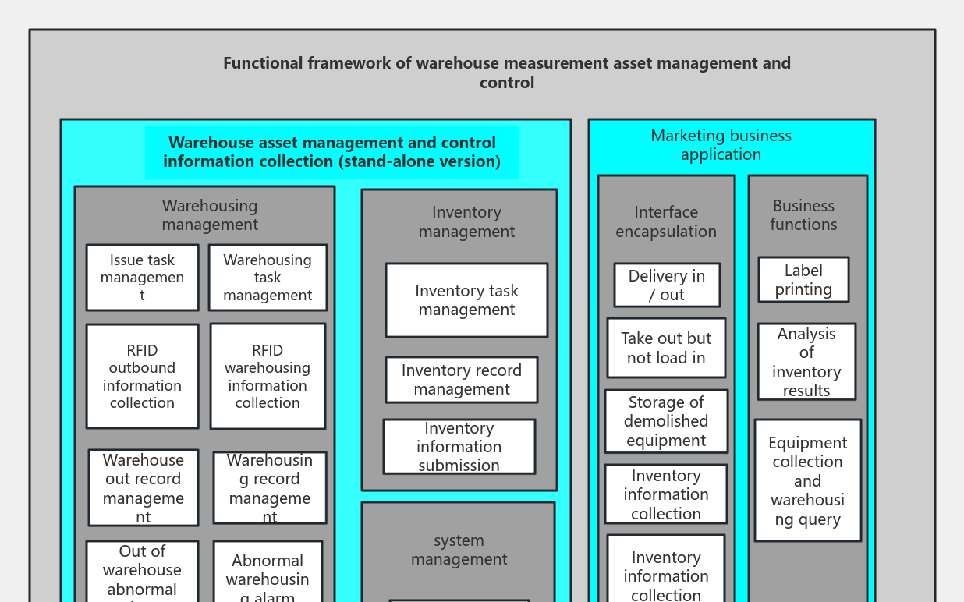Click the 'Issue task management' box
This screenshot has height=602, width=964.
coord(142,278)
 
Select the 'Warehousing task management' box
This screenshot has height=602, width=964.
coord(268,278)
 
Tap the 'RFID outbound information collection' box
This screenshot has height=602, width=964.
coord(142,377)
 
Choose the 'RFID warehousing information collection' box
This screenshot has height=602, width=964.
coord(268,377)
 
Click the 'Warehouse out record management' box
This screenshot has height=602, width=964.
coord(144,488)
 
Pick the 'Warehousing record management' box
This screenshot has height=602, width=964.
coord(270,488)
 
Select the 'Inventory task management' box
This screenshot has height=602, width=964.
coord(466,300)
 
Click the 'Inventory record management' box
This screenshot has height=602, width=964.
coord(462,380)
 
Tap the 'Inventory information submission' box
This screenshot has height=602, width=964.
coord(459,447)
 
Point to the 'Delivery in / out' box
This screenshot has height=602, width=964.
coord(667,285)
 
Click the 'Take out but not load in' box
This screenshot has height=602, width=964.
coord(666,348)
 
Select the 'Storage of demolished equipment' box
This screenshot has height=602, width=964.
coord(666,421)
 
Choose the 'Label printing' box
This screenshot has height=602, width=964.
coord(803,280)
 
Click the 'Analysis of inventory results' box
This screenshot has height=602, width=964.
coord(806,362)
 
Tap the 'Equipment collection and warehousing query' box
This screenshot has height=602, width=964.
coord(807,480)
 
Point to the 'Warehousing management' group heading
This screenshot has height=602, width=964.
coord(210,215)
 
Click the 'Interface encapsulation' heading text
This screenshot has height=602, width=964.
coord(666,221)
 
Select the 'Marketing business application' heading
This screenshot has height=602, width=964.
coord(721,145)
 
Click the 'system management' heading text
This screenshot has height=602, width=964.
coord(459,550)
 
